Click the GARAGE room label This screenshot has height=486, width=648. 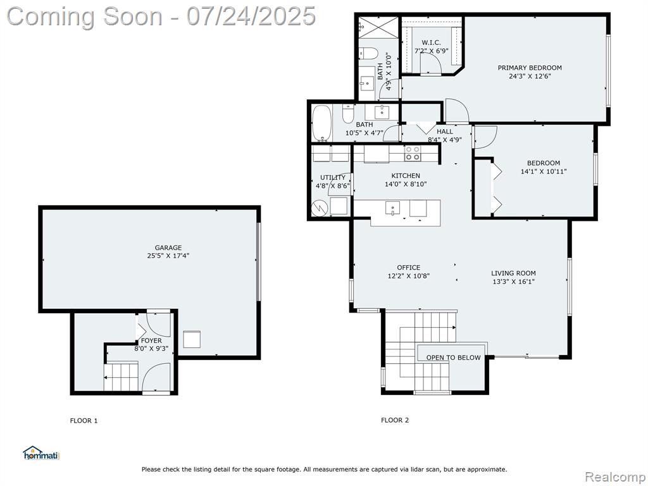click(168, 248)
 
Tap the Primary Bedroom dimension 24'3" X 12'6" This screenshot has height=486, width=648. click(530, 76)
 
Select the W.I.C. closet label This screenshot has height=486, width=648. click(431, 42)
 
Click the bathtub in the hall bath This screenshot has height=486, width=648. click(322, 123)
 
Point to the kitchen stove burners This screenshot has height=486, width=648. click(413, 153)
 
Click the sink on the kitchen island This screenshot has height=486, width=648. click(392, 208)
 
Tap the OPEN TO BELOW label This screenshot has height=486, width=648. click(453, 358)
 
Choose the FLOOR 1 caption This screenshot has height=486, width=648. click(84, 421)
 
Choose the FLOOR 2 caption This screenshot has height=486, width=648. click(395, 420)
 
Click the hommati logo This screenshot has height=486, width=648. click(41, 453)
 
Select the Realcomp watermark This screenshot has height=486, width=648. click(615, 477)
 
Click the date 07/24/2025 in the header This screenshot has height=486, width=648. click(251, 16)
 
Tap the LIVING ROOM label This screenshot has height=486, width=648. click(513, 273)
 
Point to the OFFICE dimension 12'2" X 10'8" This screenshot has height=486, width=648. click(409, 276)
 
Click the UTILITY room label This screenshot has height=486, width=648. click(333, 178)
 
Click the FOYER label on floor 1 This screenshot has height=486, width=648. click(152, 340)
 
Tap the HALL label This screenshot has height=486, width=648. click(445, 132)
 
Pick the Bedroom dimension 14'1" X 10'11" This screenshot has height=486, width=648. click(544, 171)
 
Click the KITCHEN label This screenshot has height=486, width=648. click(406, 176)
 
